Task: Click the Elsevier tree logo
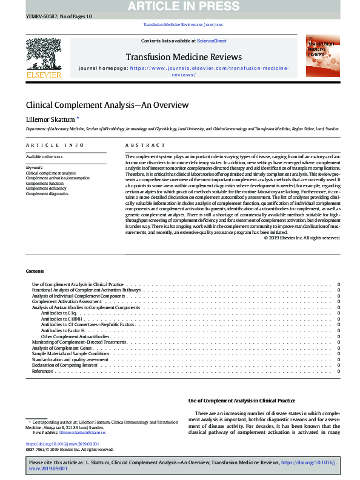click(44, 58)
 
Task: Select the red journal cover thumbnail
click(322, 55)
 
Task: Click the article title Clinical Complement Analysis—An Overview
click(107, 105)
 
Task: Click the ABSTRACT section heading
click(145, 145)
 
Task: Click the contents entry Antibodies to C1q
click(59, 313)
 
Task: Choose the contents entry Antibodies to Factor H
click(62, 330)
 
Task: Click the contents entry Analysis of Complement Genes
click(62, 348)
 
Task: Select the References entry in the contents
click(42, 371)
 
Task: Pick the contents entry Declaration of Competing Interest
click(64, 365)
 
